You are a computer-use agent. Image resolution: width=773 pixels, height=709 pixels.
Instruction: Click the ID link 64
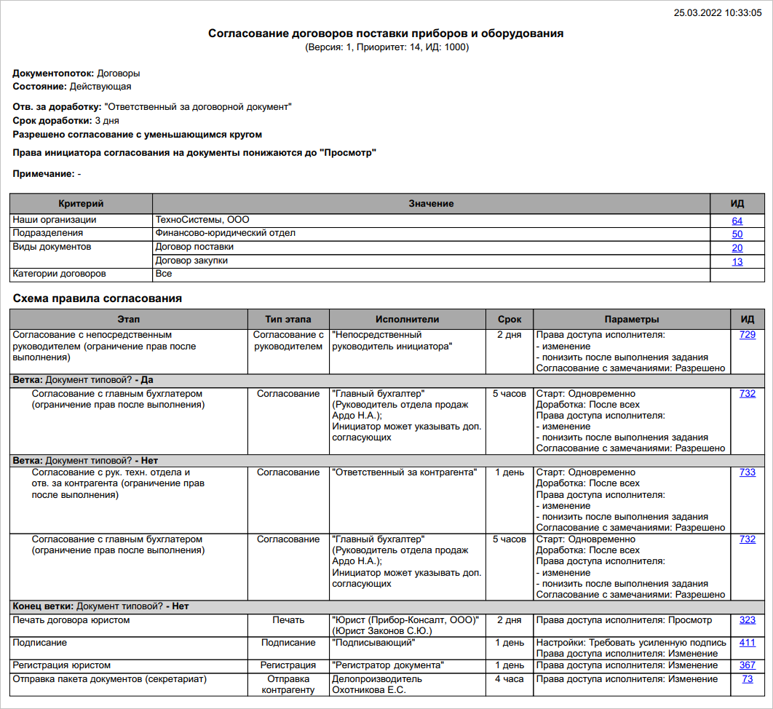[x=737, y=221]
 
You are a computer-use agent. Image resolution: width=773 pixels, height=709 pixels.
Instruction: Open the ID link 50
[x=737, y=234]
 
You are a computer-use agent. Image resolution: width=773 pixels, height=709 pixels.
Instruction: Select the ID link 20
[x=737, y=247]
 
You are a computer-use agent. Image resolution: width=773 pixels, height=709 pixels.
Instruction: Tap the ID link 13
[x=737, y=261]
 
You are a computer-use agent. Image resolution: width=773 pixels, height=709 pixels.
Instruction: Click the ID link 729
[x=747, y=335]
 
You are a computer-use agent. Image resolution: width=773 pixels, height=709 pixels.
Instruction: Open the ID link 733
[x=747, y=472]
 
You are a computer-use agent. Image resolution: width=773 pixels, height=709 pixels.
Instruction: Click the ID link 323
[x=747, y=620]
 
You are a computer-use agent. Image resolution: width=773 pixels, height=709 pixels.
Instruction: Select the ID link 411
[x=747, y=643]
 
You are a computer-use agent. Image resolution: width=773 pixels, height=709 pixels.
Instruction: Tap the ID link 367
[x=747, y=665]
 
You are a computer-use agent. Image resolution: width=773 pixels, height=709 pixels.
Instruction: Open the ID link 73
[x=747, y=679]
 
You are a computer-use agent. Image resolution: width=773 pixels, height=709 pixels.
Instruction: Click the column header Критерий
[x=81, y=204]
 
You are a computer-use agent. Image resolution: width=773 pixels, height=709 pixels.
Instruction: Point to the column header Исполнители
[x=407, y=320]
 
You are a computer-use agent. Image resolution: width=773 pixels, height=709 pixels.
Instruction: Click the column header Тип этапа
[x=288, y=320]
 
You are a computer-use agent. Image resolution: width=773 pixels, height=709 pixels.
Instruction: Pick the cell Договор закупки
[x=191, y=261]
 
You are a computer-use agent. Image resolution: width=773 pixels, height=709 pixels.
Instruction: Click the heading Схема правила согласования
[x=97, y=298]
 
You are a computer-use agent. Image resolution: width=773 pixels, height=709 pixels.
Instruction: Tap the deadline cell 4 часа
[x=510, y=679]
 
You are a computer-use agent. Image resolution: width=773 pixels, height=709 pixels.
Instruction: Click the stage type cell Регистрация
[x=288, y=665]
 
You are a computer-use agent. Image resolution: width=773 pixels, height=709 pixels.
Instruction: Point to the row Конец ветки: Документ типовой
[x=101, y=606]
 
